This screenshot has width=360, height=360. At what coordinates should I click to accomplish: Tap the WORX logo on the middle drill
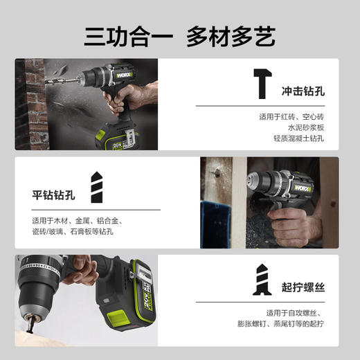(x=302, y=188)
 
